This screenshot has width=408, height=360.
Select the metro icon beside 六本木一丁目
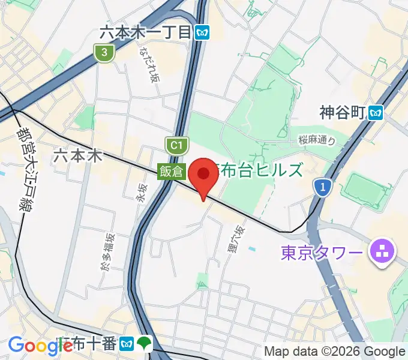coord(202,33)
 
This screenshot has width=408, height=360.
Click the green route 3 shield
coord(104,53)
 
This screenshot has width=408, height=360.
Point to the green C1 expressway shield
coord(175,145)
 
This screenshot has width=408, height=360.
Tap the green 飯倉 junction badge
coord(171,171)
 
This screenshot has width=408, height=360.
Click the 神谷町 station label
coord(343,112)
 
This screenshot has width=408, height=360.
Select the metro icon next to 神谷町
coord(376,112)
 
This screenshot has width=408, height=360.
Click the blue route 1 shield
coord(323,188)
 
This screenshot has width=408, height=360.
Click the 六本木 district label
coord(78,156)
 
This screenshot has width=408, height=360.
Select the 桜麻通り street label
coord(316,140)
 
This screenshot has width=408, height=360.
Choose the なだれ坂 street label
coord(148,62)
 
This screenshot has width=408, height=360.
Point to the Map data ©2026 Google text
coord(335,351)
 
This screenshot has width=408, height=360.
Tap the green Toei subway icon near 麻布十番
coord(145,344)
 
